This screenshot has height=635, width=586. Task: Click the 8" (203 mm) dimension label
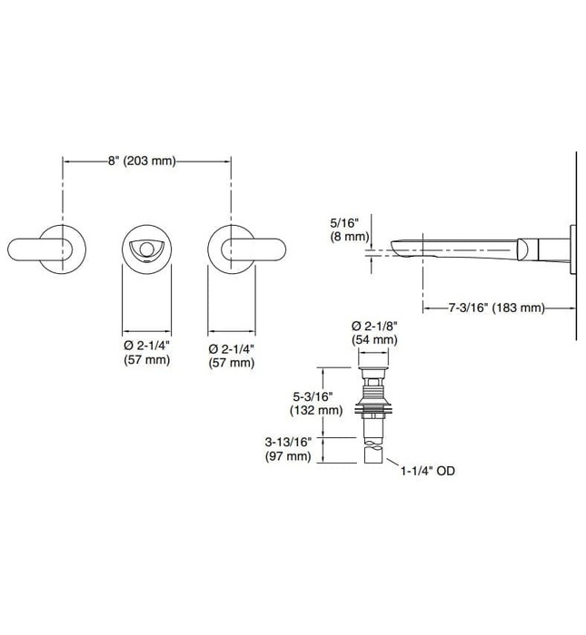tap(142, 161)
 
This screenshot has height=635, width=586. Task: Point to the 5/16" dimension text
tap(347, 221)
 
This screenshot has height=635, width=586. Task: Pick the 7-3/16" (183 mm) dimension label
tap(496, 308)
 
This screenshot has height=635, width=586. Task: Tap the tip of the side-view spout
tap(396, 246)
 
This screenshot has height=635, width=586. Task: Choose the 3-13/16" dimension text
tap(289, 441)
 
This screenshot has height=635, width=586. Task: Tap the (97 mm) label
tap(289, 455)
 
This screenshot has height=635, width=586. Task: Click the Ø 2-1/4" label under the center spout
tap(144, 347)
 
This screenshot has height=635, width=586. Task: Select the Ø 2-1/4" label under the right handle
tap(230, 347)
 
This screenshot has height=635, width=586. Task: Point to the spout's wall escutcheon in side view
tap(568, 246)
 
